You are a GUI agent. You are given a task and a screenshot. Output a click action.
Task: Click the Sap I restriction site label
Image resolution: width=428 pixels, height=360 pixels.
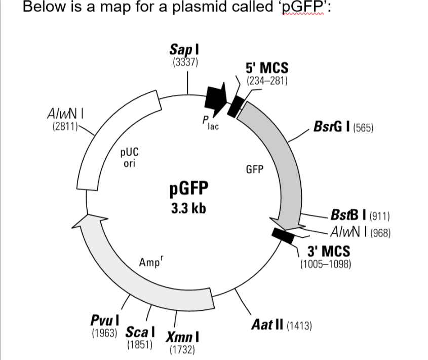pos(185,49)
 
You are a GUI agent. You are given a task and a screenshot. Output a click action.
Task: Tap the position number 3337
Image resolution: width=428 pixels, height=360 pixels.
pos(185,62)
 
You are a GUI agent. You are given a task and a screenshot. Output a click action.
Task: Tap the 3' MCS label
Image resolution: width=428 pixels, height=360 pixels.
pos(329,251)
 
